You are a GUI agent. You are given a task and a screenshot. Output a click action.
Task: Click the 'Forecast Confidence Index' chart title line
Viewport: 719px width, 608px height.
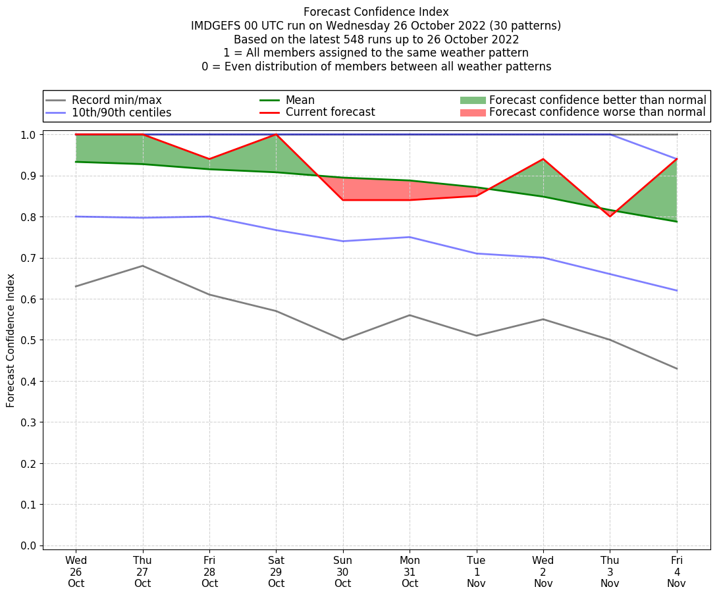click(x=376, y=12)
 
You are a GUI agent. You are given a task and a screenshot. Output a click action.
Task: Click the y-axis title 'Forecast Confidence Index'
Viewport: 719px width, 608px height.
click(x=11, y=340)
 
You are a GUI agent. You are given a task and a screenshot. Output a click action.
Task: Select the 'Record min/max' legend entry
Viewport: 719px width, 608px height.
click(x=117, y=100)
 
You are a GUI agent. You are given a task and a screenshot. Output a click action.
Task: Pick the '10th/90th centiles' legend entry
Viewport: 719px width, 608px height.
click(x=121, y=113)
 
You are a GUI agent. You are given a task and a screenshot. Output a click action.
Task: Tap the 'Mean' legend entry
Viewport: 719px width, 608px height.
click(x=300, y=100)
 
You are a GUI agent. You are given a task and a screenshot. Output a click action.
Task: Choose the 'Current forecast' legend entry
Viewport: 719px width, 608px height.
click(x=330, y=113)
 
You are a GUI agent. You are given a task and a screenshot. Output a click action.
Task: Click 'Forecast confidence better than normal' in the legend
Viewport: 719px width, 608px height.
click(x=597, y=100)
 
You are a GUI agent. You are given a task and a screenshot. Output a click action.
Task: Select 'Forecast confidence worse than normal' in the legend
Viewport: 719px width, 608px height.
click(x=597, y=113)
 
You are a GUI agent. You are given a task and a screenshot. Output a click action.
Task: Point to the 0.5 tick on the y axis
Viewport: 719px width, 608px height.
click(x=28, y=340)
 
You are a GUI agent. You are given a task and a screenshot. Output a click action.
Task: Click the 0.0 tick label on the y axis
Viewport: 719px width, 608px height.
click(x=28, y=545)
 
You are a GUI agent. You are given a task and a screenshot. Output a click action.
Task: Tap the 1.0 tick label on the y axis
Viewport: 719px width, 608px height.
click(x=28, y=134)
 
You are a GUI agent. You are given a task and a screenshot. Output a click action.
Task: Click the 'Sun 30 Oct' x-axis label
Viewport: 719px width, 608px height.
click(x=342, y=572)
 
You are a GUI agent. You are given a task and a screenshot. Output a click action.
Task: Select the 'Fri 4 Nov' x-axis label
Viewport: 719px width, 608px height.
click(x=676, y=572)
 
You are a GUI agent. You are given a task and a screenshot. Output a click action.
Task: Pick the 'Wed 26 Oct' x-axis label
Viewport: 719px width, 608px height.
click(x=76, y=572)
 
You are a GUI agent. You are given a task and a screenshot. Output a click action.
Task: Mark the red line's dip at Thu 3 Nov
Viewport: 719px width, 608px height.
click(x=610, y=216)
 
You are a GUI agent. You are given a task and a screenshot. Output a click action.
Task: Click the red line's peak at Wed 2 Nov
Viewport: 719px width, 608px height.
click(x=543, y=159)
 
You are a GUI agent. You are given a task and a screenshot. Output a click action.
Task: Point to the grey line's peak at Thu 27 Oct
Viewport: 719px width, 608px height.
click(x=142, y=266)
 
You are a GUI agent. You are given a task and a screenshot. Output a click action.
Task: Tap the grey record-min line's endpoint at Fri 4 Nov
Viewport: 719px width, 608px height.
click(x=676, y=368)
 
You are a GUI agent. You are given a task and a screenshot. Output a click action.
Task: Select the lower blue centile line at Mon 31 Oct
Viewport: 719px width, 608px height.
click(x=410, y=237)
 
